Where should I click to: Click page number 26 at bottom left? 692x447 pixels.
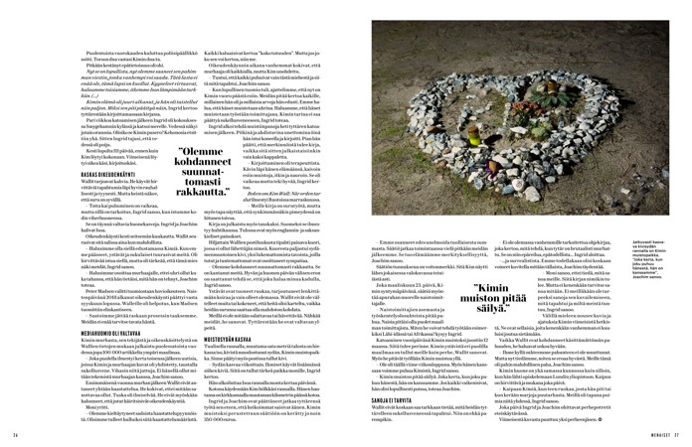point(17,433)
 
